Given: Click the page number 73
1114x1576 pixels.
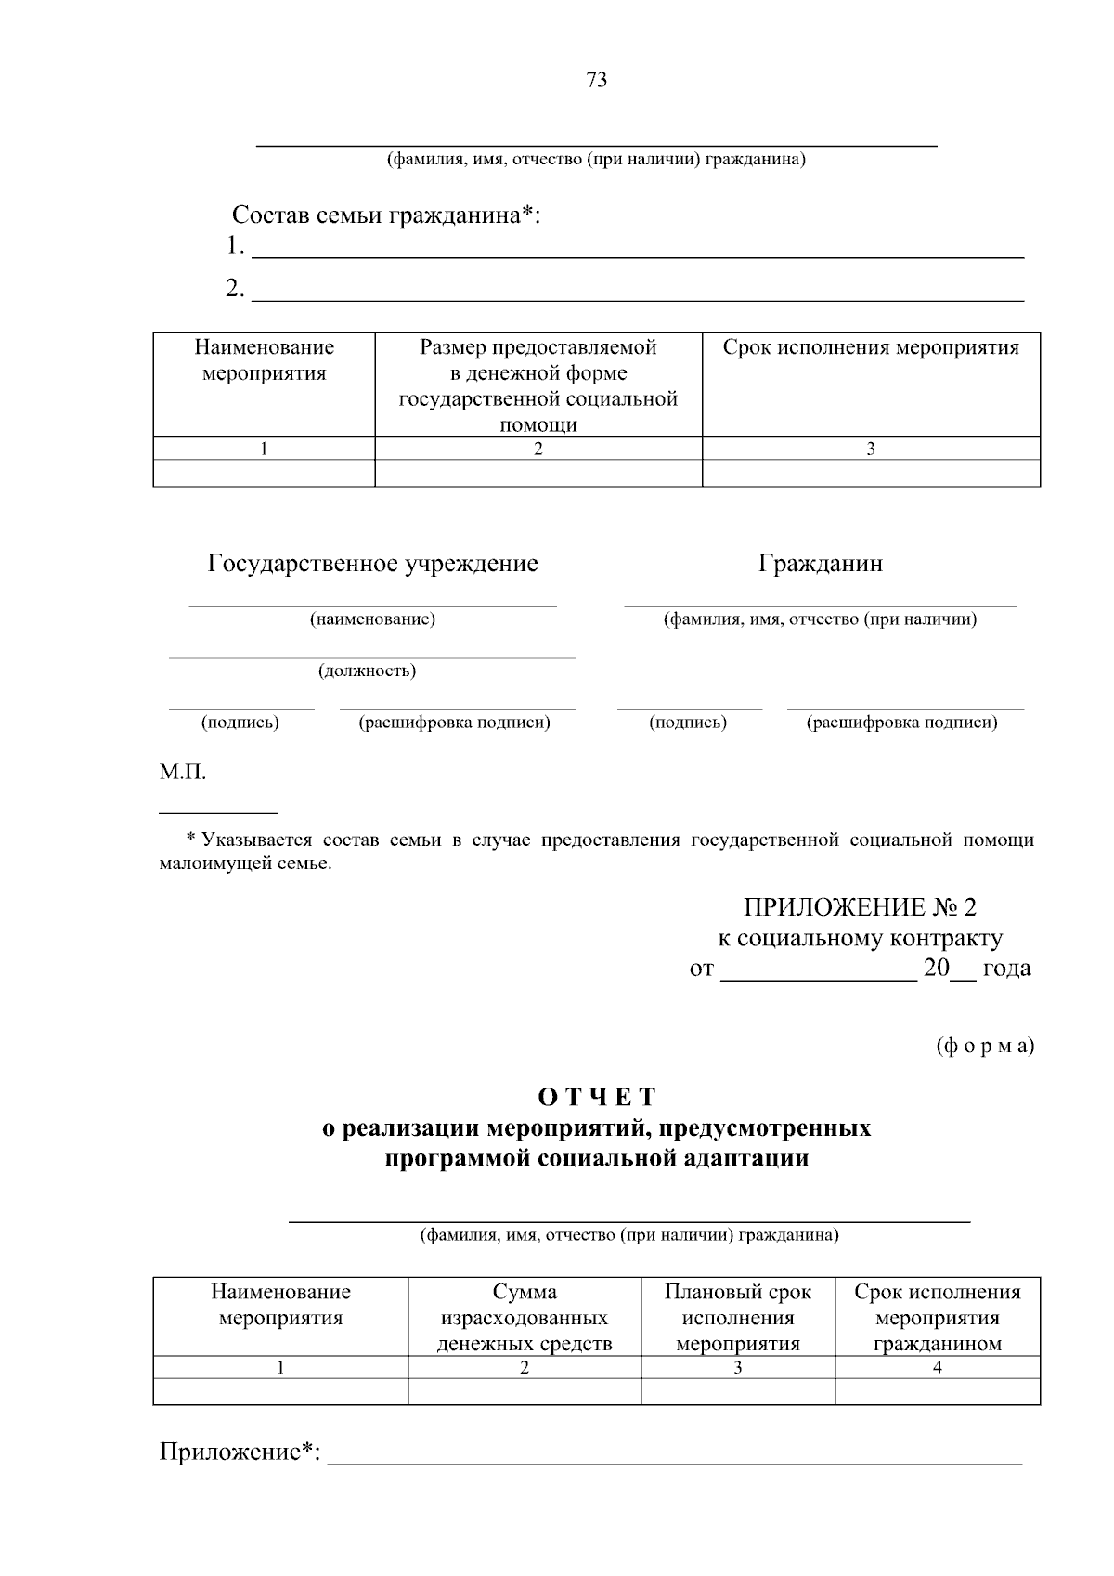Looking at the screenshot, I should coord(597,81).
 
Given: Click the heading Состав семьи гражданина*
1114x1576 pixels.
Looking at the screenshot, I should coord(385,215).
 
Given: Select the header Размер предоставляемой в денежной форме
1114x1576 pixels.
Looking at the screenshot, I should coord(538,385).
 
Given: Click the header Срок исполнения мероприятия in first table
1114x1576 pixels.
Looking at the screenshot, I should coord(870,348).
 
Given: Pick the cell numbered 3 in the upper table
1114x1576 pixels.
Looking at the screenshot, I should coord(870,449).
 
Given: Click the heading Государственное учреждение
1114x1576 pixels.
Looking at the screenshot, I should coord(372,564).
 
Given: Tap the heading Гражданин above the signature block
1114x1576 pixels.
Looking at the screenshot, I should coord(820,564).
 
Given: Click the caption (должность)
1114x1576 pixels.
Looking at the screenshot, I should coord(368,671).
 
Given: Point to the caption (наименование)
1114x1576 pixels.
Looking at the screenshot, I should coord(372,619).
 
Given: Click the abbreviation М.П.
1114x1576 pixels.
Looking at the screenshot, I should coord(183,773).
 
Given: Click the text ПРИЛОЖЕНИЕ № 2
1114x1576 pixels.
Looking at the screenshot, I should coord(860,906).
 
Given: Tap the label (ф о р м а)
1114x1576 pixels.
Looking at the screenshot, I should coord(984,1046).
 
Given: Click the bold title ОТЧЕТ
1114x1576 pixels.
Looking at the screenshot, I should coord(597,1097).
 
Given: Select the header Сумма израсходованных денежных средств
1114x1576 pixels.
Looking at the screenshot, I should coord(525,1317).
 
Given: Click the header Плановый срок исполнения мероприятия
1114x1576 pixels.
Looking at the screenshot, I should coord(737,1317).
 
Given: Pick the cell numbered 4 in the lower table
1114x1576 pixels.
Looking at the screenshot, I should coord(937,1367).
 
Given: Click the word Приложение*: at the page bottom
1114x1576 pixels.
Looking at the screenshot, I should coord(240,1452).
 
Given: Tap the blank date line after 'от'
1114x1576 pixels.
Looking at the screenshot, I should coord(818,971).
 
